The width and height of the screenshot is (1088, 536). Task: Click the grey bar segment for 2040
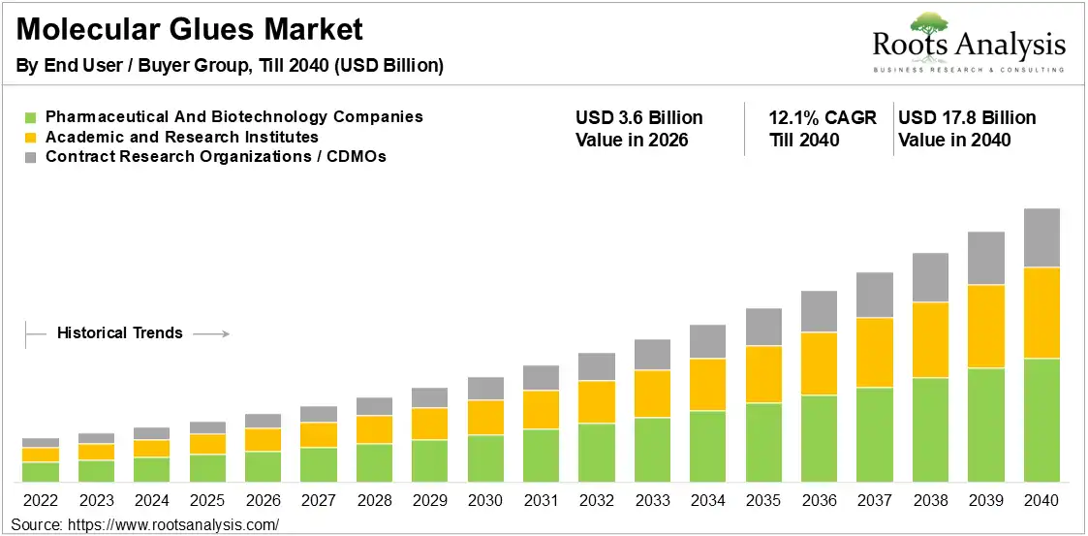[1041, 237]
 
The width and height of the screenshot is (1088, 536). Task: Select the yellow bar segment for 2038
[930, 340]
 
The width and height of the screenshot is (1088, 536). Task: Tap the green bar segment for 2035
[764, 442]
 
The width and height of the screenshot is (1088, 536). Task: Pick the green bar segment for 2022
[41, 472]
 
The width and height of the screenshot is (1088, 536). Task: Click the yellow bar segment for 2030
[485, 418]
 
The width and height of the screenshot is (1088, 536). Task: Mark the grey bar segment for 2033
[652, 355]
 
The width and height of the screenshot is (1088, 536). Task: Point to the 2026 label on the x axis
[263, 500]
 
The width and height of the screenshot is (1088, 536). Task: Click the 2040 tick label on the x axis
[1041, 500]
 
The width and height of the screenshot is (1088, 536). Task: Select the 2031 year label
[542, 500]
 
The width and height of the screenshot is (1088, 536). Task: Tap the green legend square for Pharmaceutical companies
[30, 117]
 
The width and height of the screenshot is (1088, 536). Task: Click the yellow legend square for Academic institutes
[30, 138]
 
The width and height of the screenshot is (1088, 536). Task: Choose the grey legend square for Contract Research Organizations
[30, 158]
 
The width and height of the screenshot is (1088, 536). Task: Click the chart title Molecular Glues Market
[189, 30]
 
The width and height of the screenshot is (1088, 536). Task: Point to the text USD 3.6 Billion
[639, 118]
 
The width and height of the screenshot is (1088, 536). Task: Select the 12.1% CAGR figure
[823, 118]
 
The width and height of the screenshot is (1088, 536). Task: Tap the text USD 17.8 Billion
[967, 118]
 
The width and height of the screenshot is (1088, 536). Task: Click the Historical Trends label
[120, 333]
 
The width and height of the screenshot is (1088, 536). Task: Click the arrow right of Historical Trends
[211, 334]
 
